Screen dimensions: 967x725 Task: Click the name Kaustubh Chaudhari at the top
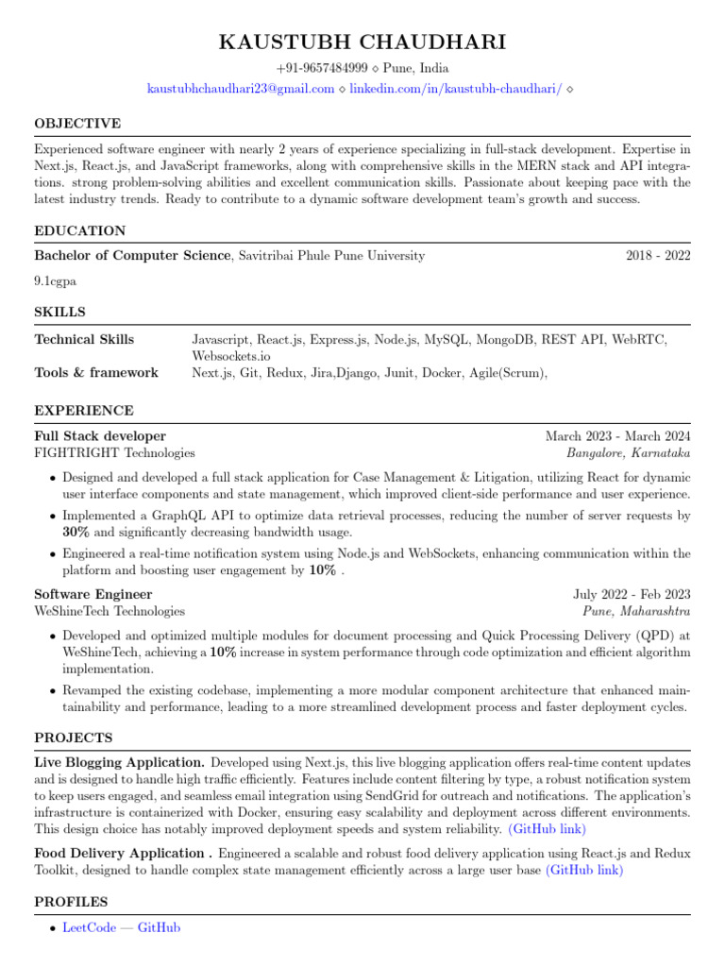coord(362,42)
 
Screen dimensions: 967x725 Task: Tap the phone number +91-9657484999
coord(322,69)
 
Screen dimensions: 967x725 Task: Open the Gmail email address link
coord(241,89)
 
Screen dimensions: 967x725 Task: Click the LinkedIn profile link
coord(456,89)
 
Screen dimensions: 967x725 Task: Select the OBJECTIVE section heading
coord(77,124)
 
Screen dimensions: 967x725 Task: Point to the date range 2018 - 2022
coord(658,255)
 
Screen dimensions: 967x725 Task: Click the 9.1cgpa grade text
coord(56,280)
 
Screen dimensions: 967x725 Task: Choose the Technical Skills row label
coord(84,339)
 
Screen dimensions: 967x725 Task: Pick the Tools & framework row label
coord(96,373)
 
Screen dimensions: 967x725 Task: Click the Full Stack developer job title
coord(100,436)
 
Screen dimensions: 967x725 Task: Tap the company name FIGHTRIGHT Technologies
coord(114,453)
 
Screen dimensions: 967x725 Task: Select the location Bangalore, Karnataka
coord(628,453)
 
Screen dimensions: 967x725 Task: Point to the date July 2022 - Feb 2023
coord(632,594)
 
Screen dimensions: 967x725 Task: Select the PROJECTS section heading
coord(74,738)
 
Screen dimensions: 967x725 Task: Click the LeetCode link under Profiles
coord(90,928)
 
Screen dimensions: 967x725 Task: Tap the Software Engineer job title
coord(93,594)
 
